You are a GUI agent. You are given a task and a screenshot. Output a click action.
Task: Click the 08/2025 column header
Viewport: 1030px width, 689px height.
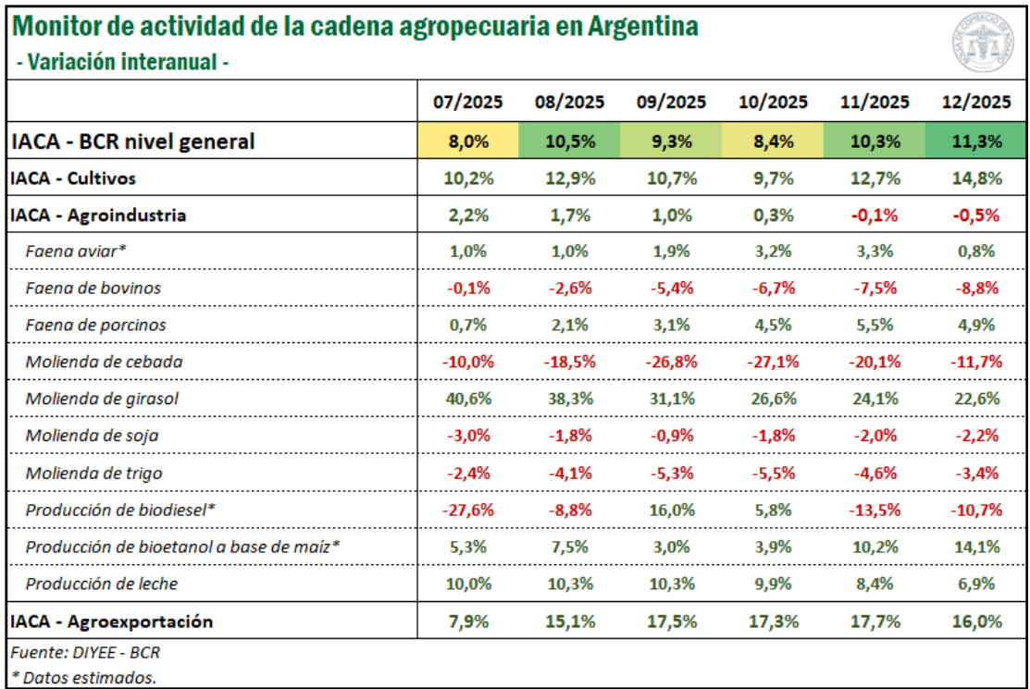[x=569, y=102]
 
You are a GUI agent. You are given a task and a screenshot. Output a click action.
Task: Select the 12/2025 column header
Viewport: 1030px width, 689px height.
[x=974, y=102]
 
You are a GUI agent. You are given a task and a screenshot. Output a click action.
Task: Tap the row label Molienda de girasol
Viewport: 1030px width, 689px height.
[x=102, y=399]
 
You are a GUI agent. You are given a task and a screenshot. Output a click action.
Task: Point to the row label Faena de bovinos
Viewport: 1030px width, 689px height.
[x=93, y=288]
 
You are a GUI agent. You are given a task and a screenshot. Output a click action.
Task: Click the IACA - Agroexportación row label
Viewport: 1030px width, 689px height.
[x=112, y=621]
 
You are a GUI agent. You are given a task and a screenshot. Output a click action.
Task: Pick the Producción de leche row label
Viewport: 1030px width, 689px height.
[x=102, y=584]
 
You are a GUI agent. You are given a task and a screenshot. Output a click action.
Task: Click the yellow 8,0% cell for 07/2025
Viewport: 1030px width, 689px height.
[x=468, y=141]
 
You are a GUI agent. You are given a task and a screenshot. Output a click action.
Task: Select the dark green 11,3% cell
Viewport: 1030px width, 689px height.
[x=974, y=141]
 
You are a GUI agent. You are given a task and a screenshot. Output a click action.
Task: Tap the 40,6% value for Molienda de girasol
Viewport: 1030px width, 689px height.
[x=468, y=399]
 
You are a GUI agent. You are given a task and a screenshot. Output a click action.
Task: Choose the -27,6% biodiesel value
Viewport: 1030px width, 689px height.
[x=468, y=510]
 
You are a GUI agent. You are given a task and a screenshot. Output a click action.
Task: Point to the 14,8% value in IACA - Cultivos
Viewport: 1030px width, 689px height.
[x=974, y=177]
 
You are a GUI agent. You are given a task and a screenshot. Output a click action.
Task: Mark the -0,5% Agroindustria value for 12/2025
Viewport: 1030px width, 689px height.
[x=974, y=215]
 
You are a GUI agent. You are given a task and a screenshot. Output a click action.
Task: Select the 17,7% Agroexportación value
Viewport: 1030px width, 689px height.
[x=874, y=621]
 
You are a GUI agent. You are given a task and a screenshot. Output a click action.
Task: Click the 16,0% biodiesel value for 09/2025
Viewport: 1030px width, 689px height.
[x=671, y=510]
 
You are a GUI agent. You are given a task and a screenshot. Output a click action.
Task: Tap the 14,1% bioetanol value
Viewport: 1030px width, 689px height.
[x=974, y=547]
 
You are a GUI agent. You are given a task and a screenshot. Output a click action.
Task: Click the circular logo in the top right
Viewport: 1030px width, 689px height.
[x=984, y=44]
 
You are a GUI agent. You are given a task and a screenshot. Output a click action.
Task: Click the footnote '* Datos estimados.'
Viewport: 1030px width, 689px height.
[x=83, y=678]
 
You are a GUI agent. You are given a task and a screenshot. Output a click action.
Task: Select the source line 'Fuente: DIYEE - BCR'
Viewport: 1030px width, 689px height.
[x=85, y=652]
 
